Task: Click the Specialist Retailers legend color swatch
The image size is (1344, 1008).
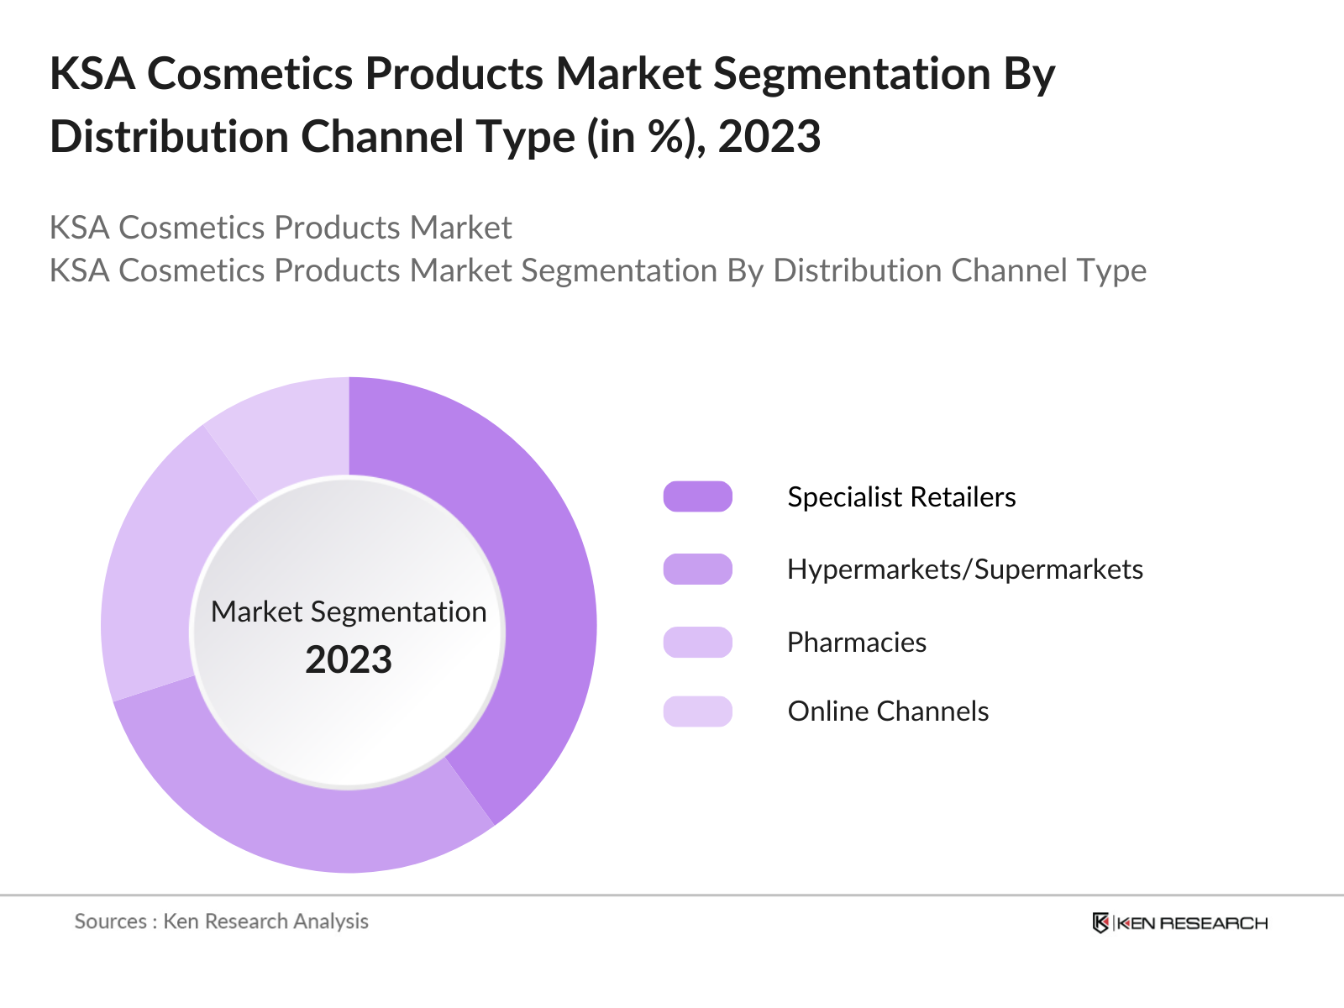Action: coord(697,496)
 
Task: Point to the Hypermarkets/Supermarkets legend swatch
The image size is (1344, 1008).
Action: coord(697,570)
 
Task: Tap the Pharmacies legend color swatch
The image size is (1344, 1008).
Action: coord(697,642)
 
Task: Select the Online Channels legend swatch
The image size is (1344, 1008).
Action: coord(697,711)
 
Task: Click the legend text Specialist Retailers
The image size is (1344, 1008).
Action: coord(901,497)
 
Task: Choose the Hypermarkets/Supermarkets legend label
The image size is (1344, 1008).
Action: coord(965,570)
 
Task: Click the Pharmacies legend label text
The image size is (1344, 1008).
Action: coord(857,643)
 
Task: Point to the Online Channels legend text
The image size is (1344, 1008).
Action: coord(888,711)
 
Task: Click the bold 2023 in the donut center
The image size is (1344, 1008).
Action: coord(349,659)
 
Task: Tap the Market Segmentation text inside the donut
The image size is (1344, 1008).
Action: coord(349,612)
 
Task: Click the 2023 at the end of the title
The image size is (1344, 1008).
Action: coord(769,136)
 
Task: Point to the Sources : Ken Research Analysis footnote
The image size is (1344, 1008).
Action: coord(221,921)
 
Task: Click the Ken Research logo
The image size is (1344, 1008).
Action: coord(1180,922)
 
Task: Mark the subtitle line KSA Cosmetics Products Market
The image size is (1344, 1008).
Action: coord(281,228)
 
